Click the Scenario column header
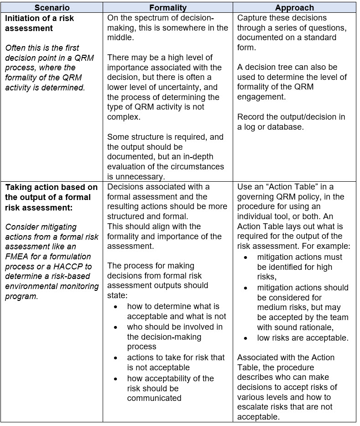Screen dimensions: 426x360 coord(52,8)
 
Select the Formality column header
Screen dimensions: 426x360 coord(167,8)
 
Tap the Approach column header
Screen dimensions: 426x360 coord(294,8)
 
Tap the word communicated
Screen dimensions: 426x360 coord(154,398)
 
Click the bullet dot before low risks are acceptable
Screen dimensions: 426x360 coord(246,338)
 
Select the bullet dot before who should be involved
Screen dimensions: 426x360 coord(116,327)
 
